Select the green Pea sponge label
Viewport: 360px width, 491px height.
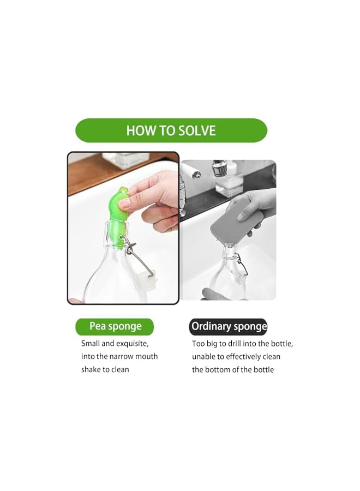click(115, 327)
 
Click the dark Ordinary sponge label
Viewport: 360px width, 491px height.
click(229, 327)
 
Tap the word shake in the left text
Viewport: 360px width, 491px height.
click(91, 370)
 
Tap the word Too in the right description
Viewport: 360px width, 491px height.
click(198, 344)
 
